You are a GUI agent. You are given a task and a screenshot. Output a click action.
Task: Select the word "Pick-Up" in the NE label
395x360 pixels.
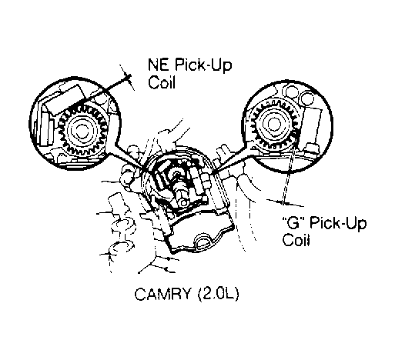[x=203, y=65]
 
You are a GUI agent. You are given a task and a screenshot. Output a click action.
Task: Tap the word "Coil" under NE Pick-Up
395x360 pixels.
[x=162, y=82]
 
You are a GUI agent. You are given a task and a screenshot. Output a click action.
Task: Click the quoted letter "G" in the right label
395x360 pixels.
[x=295, y=222]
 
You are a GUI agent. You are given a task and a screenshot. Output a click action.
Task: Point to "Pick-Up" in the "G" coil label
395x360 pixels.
[x=338, y=223]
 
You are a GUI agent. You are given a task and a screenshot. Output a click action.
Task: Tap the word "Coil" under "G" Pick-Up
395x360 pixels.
[x=296, y=240]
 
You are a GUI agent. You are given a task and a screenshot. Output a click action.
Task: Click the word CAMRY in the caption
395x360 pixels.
[x=162, y=294]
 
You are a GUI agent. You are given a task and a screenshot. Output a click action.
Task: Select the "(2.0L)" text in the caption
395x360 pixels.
[x=219, y=294]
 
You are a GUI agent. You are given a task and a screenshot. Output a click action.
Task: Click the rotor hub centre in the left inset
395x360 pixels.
[x=82, y=130]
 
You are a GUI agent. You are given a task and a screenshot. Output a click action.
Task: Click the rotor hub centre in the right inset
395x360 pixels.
[x=273, y=124]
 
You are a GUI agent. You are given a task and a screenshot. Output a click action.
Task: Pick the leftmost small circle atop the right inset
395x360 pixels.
[x=292, y=91]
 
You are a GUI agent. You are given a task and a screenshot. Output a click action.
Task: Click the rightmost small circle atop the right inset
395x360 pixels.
[x=307, y=98]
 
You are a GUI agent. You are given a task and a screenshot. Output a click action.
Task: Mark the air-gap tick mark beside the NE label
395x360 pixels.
[x=128, y=78]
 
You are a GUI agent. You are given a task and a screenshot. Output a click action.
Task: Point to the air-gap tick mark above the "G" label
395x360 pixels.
[x=284, y=202]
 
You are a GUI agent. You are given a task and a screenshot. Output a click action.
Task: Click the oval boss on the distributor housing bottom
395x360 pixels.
[x=203, y=240]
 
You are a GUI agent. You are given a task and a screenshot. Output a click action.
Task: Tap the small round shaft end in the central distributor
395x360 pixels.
[x=183, y=203]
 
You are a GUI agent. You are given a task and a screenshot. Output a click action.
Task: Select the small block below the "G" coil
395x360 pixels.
[x=313, y=149]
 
